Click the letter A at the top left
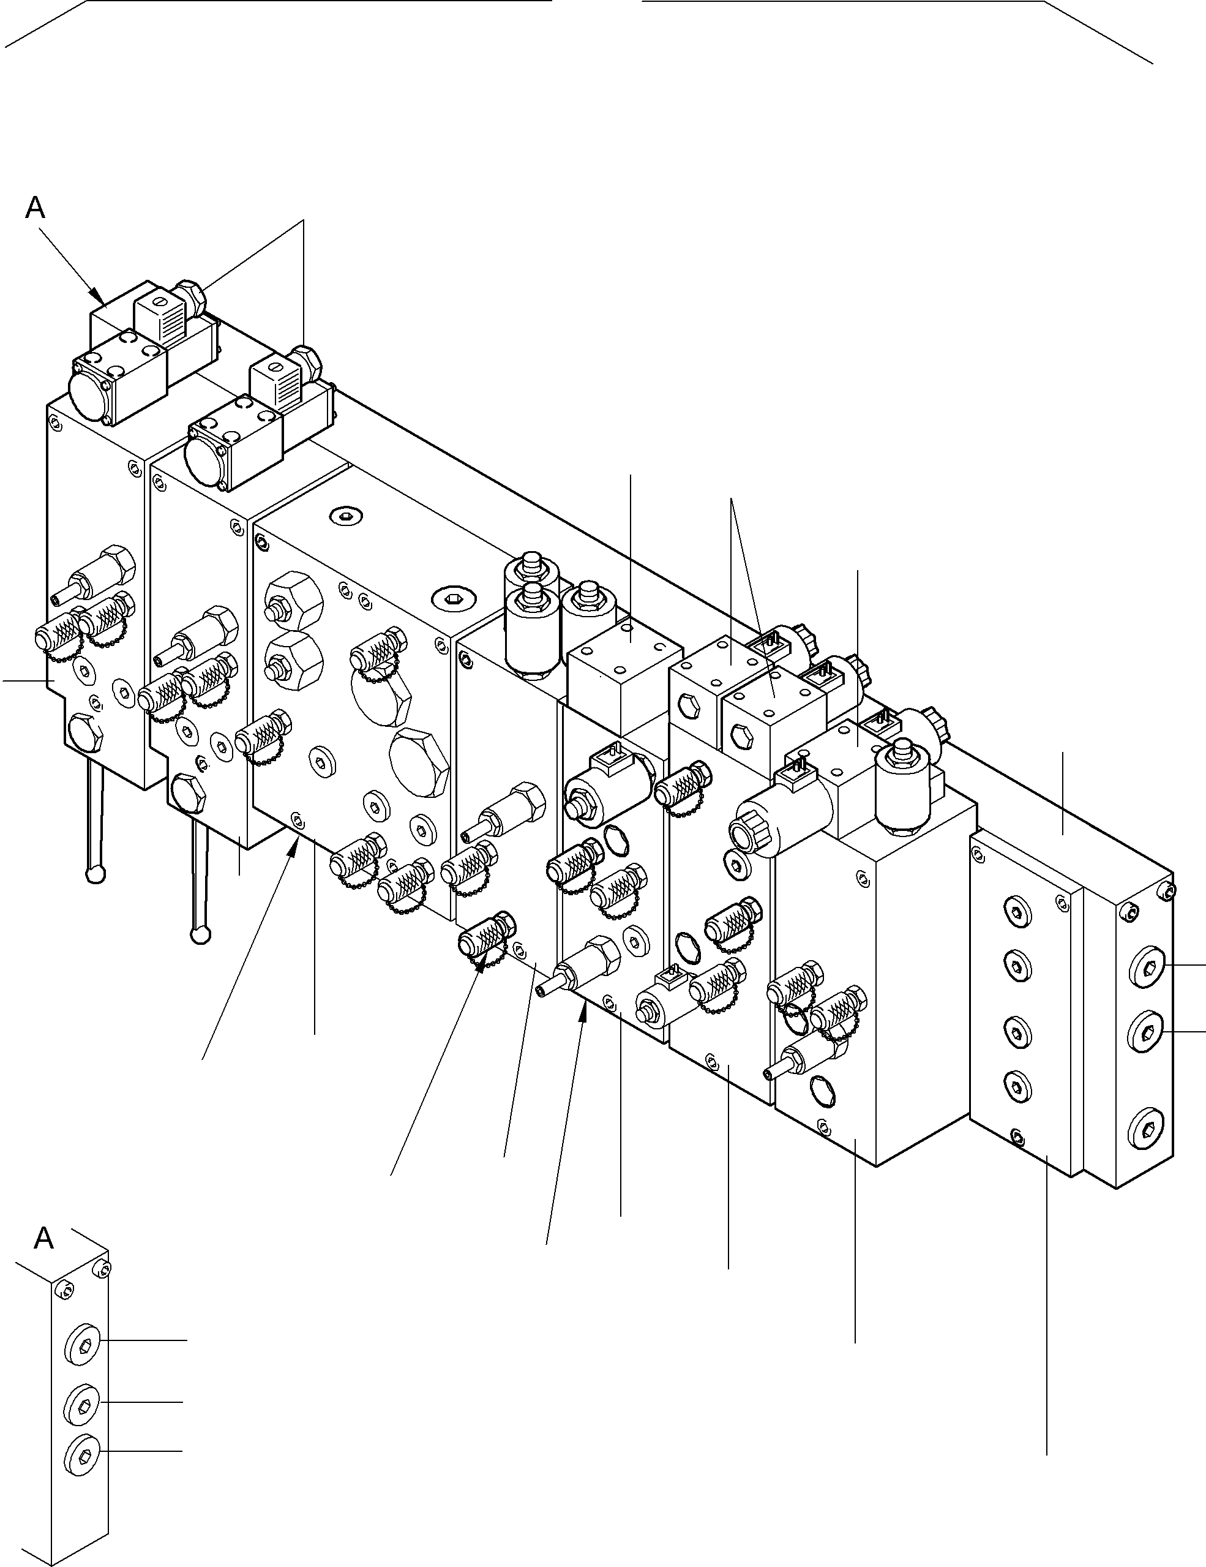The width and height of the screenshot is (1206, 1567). [x=34, y=208]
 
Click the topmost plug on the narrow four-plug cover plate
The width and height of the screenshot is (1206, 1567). [x=1016, y=912]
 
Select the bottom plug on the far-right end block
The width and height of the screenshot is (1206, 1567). [x=1147, y=1133]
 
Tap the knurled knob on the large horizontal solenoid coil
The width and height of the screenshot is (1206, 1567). [x=746, y=835]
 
